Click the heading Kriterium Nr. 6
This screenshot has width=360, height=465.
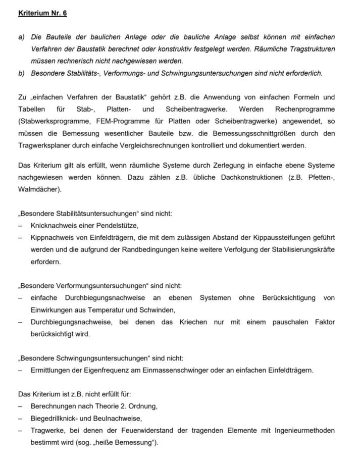[x=42, y=13]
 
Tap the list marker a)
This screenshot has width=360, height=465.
[x=22, y=37]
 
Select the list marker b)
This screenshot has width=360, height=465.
[x=22, y=73]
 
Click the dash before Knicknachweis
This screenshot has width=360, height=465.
[x=20, y=226]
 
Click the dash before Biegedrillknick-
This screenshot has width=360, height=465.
[x=20, y=418]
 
